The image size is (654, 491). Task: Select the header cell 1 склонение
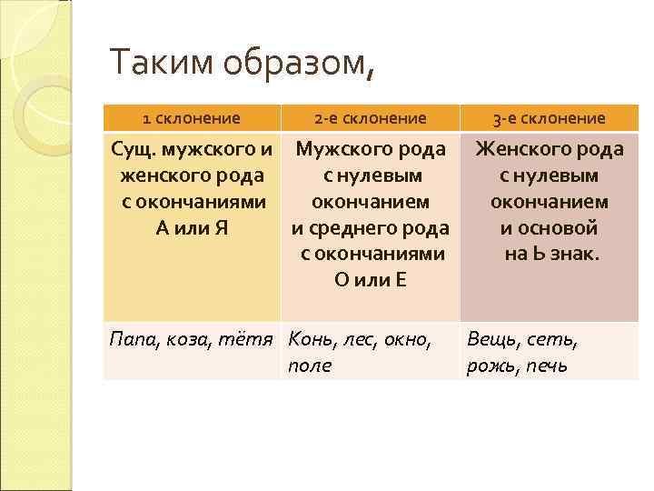click(x=192, y=117)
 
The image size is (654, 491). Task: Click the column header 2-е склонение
click(x=370, y=117)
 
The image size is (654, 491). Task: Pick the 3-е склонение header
click(x=549, y=117)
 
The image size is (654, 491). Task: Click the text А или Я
click(x=192, y=228)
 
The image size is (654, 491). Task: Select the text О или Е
click(x=370, y=280)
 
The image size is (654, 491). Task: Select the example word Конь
click(x=313, y=340)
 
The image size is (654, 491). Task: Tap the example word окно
click(x=405, y=340)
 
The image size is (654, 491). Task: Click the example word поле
click(x=310, y=366)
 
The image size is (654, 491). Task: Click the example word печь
click(x=547, y=366)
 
